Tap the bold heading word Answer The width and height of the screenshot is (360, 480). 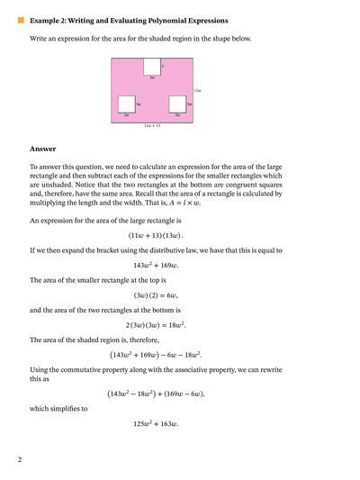click(x=42, y=149)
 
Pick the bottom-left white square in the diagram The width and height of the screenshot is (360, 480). click(x=127, y=104)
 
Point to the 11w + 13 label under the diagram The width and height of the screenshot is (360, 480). click(x=152, y=126)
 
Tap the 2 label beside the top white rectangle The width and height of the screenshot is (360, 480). click(x=163, y=66)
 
